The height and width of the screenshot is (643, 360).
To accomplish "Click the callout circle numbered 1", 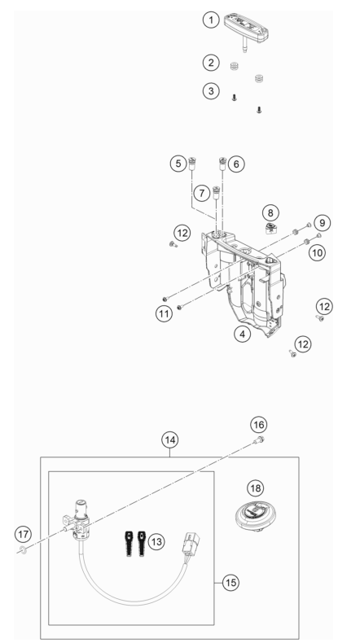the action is [x=211, y=20].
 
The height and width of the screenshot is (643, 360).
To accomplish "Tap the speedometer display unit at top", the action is [x=246, y=28].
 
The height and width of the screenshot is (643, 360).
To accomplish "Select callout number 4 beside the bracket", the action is [x=243, y=334].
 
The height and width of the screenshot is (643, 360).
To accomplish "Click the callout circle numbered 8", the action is [x=270, y=212].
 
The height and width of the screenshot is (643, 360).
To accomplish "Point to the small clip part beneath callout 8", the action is [x=270, y=229].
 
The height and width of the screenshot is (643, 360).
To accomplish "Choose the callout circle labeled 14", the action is [x=170, y=440].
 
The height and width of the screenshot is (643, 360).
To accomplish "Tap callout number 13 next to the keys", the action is [x=156, y=542].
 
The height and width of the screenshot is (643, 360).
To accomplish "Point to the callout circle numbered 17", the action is [x=24, y=534].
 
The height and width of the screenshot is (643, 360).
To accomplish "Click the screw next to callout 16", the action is [x=259, y=440].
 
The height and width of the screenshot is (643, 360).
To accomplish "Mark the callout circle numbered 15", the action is [x=230, y=582].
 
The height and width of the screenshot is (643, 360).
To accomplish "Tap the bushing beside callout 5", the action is [x=192, y=164].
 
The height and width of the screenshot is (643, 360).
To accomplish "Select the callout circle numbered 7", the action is [x=201, y=193].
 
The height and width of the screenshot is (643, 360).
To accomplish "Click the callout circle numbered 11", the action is [x=164, y=314].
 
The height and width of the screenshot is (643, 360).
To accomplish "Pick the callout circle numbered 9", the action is [x=322, y=223].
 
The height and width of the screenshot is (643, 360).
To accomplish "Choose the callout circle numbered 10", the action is [x=318, y=252].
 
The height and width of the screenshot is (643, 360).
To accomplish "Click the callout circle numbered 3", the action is [x=211, y=90].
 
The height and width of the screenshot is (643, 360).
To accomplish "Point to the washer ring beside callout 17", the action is [x=24, y=551].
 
